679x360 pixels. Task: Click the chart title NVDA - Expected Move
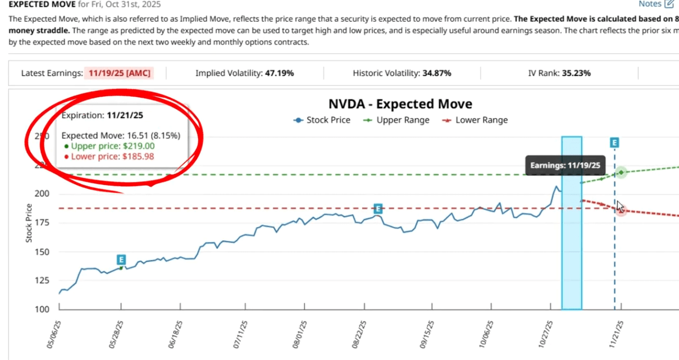click(400, 104)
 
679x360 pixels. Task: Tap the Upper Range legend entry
click(397, 120)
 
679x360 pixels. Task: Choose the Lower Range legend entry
click(475, 120)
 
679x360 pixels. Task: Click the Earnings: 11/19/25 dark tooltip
click(565, 166)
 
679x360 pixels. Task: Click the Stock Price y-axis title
click(29, 222)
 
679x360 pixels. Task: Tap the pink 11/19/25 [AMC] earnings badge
click(120, 73)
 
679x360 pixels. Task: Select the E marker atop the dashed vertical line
click(614, 143)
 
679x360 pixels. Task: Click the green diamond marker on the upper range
click(621, 172)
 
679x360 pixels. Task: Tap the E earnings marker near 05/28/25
click(121, 259)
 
